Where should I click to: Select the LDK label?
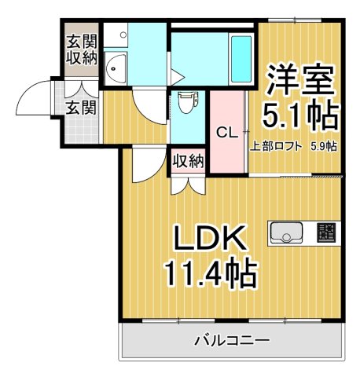(205, 237)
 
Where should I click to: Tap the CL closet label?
(227, 133)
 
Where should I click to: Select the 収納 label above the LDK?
(189, 162)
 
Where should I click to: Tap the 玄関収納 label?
(82, 49)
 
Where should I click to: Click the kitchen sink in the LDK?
(287, 232)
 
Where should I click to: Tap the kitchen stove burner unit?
(325, 232)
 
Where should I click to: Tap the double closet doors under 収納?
(189, 183)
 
